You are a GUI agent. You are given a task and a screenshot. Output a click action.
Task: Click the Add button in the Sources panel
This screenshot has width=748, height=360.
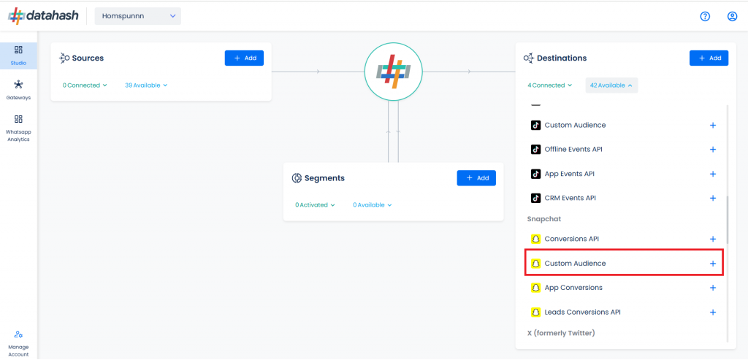pyautogui.click(x=244, y=58)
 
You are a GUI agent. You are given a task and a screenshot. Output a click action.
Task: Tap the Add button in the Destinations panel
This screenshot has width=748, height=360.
pyautogui.click(x=709, y=58)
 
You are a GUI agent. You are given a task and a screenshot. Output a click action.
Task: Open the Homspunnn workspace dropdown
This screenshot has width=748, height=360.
pyautogui.click(x=138, y=16)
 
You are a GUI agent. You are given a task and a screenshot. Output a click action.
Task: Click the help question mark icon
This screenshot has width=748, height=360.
pyautogui.click(x=705, y=16)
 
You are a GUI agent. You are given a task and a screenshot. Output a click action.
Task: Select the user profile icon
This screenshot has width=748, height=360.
pyautogui.click(x=732, y=16)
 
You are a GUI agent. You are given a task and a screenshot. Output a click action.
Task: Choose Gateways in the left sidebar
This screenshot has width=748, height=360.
pyautogui.click(x=18, y=90)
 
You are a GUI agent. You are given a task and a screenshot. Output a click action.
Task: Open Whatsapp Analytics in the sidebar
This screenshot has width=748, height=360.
pyautogui.click(x=18, y=129)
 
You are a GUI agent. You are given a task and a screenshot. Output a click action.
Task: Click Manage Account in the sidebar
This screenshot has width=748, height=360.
pyautogui.click(x=18, y=343)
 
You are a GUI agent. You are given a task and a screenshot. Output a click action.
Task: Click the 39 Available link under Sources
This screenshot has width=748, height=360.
pyautogui.click(x=146, y=85)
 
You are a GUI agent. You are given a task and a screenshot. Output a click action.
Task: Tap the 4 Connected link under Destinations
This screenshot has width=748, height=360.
pyautogui.click(x=549, y=85)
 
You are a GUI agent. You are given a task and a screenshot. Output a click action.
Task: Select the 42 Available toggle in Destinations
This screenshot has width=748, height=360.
pyautogui.click(x=611, y=85)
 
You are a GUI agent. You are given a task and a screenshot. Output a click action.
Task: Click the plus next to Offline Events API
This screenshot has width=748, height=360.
pyautogui.click(x=713, y=149)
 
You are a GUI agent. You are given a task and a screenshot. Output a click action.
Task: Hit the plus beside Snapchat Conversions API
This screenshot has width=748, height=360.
pyautogui.click(x=713, y=239)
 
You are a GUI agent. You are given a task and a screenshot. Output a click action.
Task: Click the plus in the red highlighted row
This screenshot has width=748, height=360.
pyautogui.click(x=713, y=263)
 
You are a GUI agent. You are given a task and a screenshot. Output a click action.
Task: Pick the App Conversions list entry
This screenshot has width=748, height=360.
pyautogui.click(x=573, y=288)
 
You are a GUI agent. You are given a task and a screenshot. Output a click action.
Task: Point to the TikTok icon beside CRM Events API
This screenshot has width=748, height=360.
pyautogui.click(x=535, y=198)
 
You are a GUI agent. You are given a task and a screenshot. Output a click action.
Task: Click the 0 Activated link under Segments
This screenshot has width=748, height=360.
pyautogui.click(x=315, y=205)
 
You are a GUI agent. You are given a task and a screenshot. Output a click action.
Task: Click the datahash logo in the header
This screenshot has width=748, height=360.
pyautogui.click(x=43, y=16)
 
